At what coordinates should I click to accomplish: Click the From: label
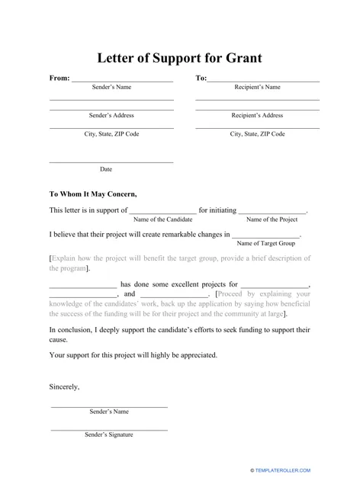[x=59, y=78]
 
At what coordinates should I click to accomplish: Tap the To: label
[x=201, y=78]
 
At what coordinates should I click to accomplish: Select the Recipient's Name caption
[x=257, y=87]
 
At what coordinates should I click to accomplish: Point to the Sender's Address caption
[x=111, y=115]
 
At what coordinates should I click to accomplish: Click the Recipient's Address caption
[x=257, y=115]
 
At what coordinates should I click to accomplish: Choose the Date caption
[x=106, y=169]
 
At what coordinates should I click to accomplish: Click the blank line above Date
[x=111, y=162]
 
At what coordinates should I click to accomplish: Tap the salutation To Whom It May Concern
[x=93, y=194]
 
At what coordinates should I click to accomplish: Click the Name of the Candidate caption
[x=162, y=219]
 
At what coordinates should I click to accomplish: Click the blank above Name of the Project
[x=272, y=212]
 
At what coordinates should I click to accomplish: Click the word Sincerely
[x=64, y=386]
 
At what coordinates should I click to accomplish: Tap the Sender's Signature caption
[x=109, y=434]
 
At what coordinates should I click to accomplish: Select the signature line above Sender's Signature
[x=109, y=429]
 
